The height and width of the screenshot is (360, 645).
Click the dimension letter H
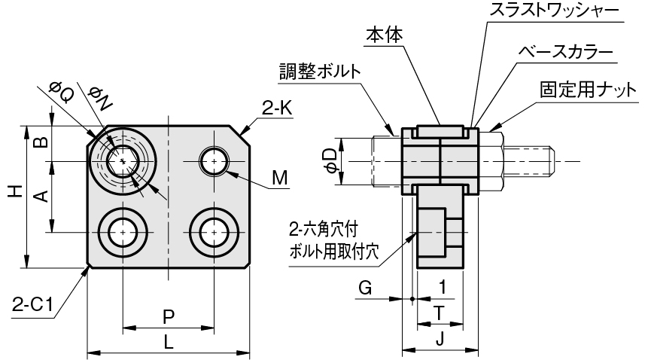pyautogui.click(x=16, y=192)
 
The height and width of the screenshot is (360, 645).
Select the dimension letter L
pyautogui.click(x=169, y=343)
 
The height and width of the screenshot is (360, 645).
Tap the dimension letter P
pyautogui.click(x=169, y=317)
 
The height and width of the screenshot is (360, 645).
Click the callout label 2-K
pyautogui.click(x=277, y=108)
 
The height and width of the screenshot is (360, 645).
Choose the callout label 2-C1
pyautogui.click(x=32, y=305)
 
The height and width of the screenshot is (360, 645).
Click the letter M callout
pyautogui.click(x=280, y=178)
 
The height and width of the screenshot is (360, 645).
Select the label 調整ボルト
pyautogui.click(x=320, y=72)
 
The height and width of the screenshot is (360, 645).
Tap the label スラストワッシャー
pyautogui.click(x=554, y=11)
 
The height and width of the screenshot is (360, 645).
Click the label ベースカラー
pyautogui.click(x=566, y=52)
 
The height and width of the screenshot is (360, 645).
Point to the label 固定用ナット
pyautogui.click(x=589, y=90)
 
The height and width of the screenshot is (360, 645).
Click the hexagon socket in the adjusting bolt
pyautogui.click(x=122, y=161)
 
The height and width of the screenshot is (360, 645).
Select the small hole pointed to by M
pyautogui.click(x=214, y=161)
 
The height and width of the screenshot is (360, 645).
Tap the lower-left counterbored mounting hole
pyautogui.click(x=123, y=233)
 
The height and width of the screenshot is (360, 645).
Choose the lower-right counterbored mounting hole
pyautogui.click(x=214, y=233)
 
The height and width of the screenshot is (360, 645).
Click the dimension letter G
pyautogui.click(x=365, y=288)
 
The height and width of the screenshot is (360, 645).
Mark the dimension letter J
pyautogui.click(x=440, y=340)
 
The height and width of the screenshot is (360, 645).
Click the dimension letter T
pyautogui.click(x=440, y=313)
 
